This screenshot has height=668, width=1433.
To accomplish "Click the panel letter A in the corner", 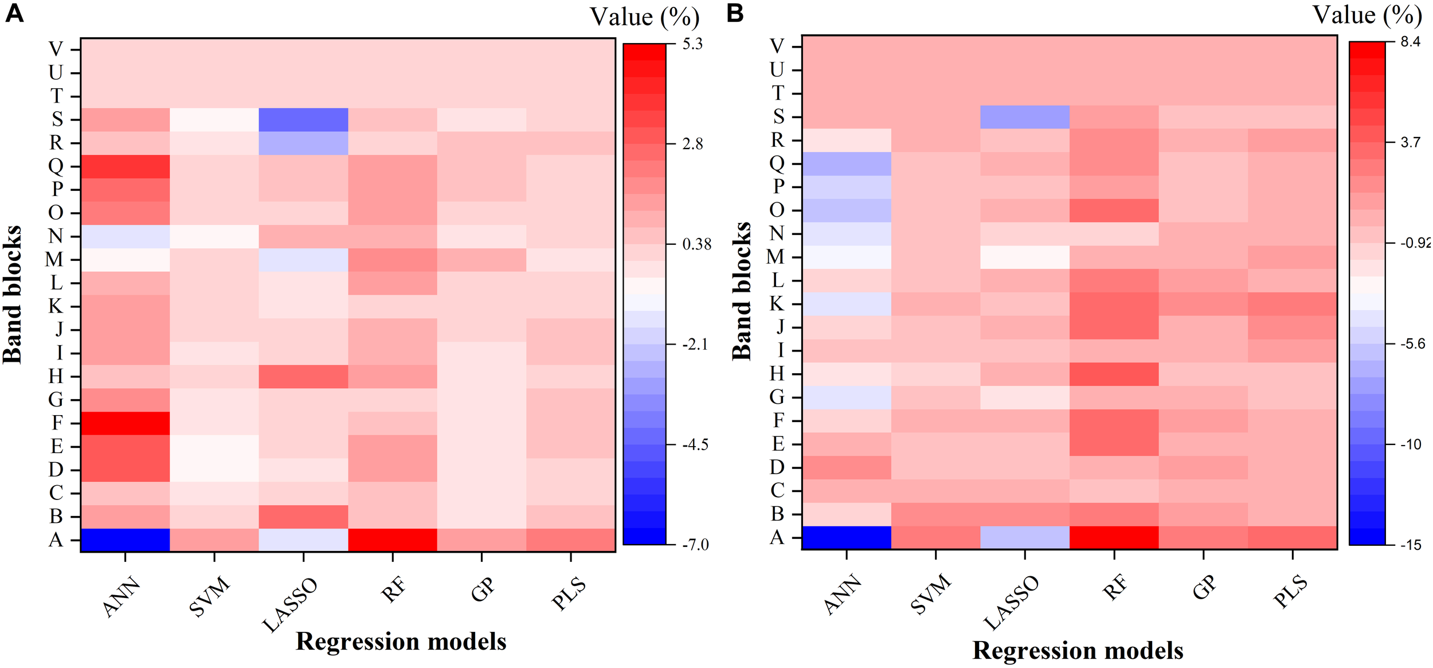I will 14,13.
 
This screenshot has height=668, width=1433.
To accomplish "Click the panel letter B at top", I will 735,13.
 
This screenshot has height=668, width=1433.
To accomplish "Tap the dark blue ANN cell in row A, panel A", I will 125,540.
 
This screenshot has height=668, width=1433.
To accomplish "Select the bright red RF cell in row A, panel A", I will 392,540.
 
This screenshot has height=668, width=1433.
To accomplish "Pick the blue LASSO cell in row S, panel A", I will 303,119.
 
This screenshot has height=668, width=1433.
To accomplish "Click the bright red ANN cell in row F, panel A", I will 125,423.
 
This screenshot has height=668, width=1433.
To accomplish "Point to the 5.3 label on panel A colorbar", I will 692,44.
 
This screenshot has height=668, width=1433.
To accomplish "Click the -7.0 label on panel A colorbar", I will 695,544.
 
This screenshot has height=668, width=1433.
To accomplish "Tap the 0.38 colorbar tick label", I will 696,244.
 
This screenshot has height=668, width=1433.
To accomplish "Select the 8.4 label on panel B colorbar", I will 1410,42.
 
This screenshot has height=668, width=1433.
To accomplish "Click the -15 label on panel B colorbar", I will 1411,545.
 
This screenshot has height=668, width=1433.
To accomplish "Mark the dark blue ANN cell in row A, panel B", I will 846,537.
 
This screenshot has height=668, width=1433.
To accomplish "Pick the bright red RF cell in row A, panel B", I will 1114,537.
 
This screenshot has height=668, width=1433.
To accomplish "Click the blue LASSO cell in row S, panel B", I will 1024,116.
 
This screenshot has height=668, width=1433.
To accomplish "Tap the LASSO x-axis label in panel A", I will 290,605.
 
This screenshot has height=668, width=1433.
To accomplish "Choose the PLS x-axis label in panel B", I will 1290,591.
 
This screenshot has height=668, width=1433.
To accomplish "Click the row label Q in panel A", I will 56,166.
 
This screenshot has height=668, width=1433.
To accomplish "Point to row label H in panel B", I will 777,373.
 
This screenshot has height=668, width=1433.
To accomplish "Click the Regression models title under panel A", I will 401,641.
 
